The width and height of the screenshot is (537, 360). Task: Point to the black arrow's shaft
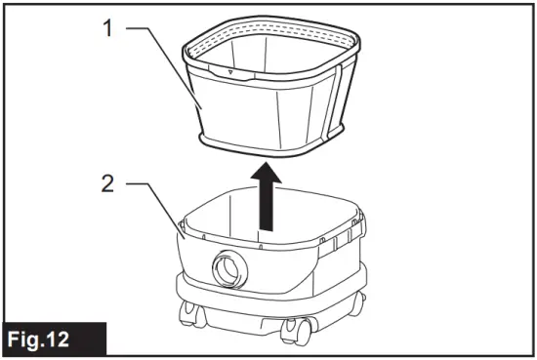click(265, 205)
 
